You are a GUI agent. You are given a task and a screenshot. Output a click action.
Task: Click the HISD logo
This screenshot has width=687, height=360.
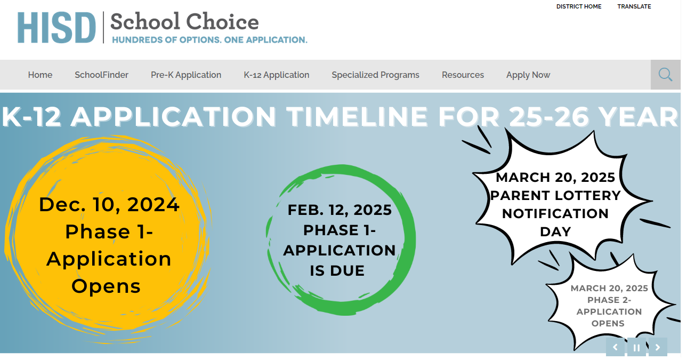56,28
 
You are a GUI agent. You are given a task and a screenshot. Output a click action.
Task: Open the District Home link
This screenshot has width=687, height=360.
579,6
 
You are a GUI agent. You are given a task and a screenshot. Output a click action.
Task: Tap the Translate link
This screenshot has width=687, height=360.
634,6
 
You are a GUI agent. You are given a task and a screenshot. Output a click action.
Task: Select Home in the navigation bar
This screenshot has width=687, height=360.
40,75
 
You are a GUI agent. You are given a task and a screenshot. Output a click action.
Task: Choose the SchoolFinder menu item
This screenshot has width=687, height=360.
101,75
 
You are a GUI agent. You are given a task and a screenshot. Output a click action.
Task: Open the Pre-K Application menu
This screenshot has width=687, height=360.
186,75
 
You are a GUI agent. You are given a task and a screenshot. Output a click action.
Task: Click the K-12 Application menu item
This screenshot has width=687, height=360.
276,75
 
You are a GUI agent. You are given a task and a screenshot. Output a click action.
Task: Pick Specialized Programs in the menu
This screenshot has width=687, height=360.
375,75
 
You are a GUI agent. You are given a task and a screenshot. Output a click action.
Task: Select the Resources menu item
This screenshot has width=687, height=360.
463,75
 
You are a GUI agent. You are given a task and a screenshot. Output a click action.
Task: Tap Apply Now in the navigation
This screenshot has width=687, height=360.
528,75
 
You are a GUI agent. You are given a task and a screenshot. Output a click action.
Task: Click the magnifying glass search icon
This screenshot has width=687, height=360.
665,75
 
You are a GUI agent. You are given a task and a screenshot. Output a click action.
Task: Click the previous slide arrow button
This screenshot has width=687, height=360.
615,347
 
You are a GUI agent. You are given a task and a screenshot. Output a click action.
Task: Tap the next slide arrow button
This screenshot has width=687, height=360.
658,347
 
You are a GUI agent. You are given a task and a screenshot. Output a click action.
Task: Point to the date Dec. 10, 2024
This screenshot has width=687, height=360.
109,205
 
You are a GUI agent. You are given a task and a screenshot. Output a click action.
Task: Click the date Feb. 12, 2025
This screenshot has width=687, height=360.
340,210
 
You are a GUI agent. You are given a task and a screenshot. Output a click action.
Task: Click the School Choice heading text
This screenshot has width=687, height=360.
184,22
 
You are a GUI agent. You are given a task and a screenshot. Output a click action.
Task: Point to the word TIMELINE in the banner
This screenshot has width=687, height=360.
357,117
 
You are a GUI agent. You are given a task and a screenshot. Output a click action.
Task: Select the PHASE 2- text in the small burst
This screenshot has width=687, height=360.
609,300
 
